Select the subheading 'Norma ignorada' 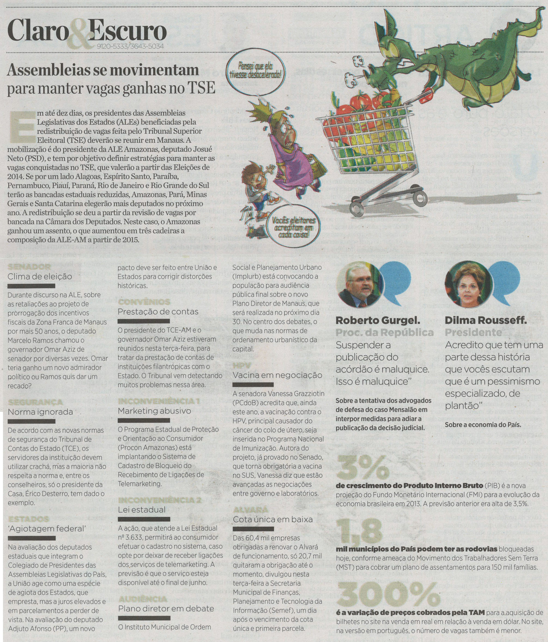coord(40,412)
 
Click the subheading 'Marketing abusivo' coord(155,411)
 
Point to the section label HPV coord(242,366)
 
